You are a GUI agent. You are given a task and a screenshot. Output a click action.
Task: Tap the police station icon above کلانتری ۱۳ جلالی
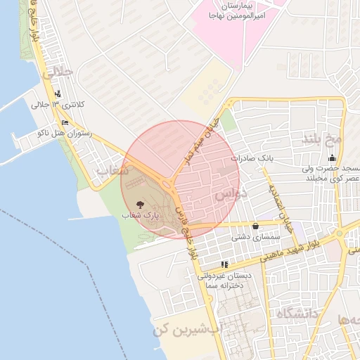(x=57, y=93)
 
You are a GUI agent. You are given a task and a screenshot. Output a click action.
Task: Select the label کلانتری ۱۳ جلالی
(x=58, y=104)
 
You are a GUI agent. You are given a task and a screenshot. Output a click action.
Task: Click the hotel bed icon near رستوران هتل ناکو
(x=65, y=122)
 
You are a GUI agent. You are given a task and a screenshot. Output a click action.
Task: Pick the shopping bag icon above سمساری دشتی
(x=255, y=226)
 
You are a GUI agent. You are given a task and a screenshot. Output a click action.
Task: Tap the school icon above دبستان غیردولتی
(x=224, y=264)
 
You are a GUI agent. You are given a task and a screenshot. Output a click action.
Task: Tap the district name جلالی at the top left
(x=56, y=72)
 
